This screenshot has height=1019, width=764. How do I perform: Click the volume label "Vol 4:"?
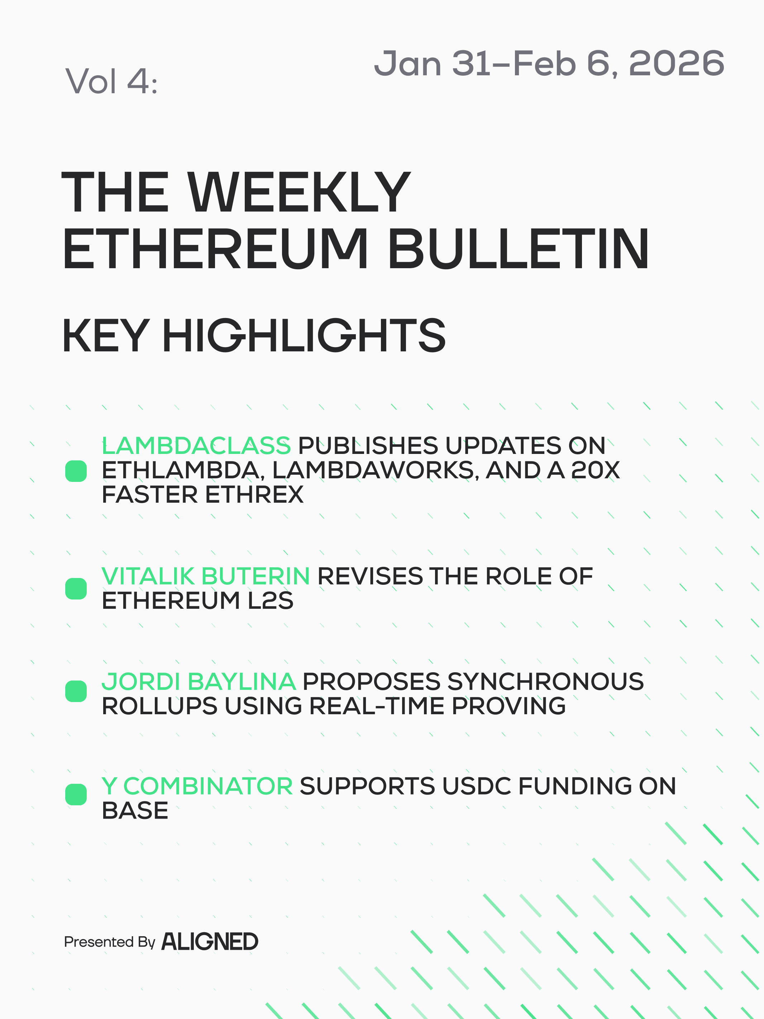coord(111,81)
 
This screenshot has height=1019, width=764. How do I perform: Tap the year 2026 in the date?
coord(677,63)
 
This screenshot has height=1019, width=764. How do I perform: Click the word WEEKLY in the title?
coord(299,192)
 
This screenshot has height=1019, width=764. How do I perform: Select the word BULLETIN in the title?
coord(519,248)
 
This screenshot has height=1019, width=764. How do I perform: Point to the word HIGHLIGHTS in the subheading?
coord(304,336)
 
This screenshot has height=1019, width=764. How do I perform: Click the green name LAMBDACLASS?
coord(196,445)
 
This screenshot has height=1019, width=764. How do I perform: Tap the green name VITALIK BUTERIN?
coord(206,576)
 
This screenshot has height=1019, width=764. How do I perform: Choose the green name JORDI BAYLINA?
coord(199,681)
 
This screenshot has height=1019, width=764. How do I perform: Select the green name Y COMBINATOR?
coord(197,786)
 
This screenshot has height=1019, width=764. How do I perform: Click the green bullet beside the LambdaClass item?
coord(76,471)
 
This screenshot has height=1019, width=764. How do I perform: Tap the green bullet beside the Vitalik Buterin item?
coord(76,589)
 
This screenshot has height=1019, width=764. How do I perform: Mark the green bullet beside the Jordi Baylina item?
coord(76,691)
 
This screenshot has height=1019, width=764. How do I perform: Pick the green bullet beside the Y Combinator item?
coord(76,795)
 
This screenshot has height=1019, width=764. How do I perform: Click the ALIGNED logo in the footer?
coord(210,942)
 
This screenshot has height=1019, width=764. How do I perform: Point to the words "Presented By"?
coord(110,942)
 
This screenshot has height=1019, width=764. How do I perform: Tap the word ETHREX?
coord(254,494)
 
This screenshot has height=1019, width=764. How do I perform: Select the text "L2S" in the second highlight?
coord(270,600)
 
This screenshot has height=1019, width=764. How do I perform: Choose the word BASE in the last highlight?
coord(135,810)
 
